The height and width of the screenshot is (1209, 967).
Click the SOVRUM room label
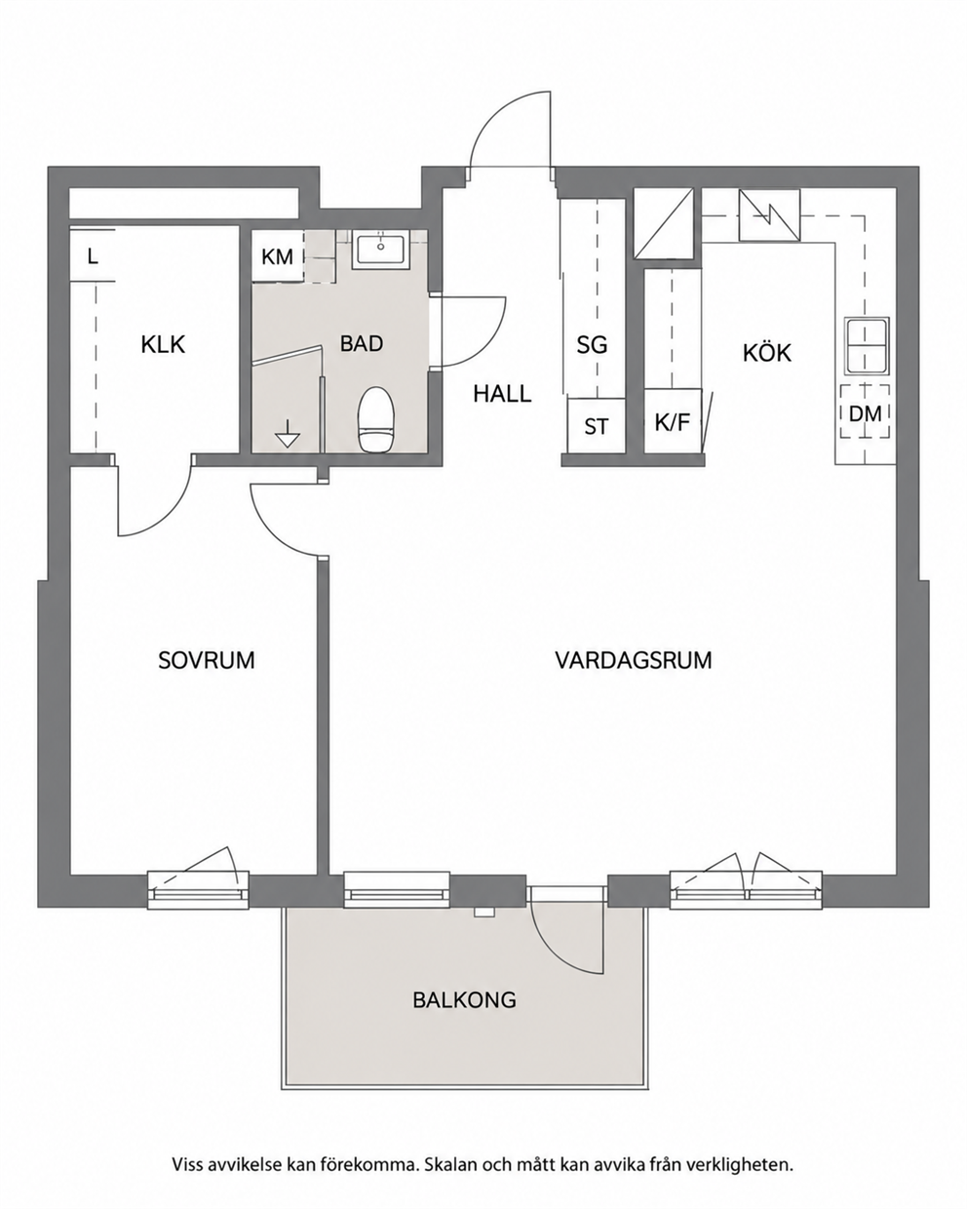207,660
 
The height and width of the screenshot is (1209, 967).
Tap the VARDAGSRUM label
634,660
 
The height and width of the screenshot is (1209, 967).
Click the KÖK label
767,353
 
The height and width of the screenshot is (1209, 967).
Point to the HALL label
502,394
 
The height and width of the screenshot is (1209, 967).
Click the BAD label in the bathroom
362,343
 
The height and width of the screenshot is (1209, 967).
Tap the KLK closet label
163,344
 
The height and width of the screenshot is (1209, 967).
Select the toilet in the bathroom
376,419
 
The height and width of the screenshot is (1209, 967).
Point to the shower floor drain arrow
289,433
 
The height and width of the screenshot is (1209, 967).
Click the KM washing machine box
278,256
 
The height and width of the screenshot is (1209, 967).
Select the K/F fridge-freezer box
673,420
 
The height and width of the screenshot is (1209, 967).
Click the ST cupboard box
597,425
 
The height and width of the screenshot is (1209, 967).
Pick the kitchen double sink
867,345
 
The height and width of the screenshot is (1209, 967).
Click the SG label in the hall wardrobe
593,345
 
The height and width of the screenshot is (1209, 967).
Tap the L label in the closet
93,256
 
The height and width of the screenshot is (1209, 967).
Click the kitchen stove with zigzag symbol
769,214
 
